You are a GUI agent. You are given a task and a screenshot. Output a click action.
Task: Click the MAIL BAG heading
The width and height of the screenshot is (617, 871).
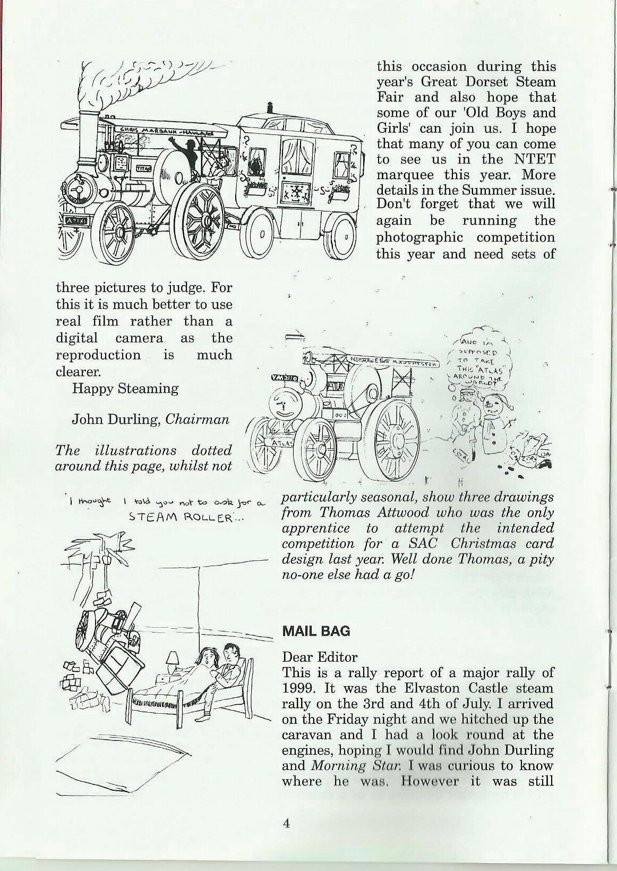(316, 631)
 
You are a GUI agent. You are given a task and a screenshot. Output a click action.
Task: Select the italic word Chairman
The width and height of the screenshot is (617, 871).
(198, 420)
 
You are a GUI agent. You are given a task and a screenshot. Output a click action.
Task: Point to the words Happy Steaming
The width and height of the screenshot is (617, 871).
(125, 388)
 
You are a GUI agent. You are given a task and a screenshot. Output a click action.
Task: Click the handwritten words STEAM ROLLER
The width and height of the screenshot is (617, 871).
(185, 518)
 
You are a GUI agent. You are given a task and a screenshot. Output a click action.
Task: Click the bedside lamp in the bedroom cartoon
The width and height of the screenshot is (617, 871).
(173, 661)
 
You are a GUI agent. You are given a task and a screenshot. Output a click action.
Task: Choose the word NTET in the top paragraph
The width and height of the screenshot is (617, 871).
(533, 159)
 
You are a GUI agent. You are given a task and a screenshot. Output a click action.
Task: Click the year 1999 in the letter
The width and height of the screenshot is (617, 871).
(298, 688)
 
